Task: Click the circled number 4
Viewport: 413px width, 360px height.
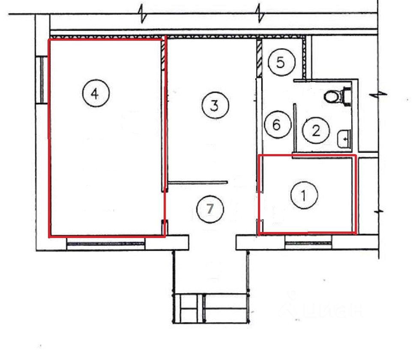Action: pos(96,93)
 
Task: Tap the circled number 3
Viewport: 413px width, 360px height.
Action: pos(215,105)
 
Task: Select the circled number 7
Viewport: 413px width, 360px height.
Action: pos(210,209)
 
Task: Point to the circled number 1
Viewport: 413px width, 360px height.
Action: pos(304,195)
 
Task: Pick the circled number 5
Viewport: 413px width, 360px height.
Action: pos(281,62)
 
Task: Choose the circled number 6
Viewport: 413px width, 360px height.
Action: pos(278,125)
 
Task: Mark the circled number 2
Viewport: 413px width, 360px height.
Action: pos(316,130)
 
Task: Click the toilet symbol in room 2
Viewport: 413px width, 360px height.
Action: pos(338,96)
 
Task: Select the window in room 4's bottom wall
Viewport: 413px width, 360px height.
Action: pos(106,244)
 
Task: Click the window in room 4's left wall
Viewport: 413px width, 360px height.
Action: pos(42,80)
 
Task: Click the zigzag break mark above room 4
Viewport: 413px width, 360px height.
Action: pos(143,14)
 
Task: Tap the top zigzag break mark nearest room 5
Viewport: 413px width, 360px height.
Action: pos(260,14)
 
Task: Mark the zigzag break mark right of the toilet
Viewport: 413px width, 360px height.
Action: pos(378,94)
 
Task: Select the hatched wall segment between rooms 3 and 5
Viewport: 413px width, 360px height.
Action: pos(260,58)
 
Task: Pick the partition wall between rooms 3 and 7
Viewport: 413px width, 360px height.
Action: pos(198,182)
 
